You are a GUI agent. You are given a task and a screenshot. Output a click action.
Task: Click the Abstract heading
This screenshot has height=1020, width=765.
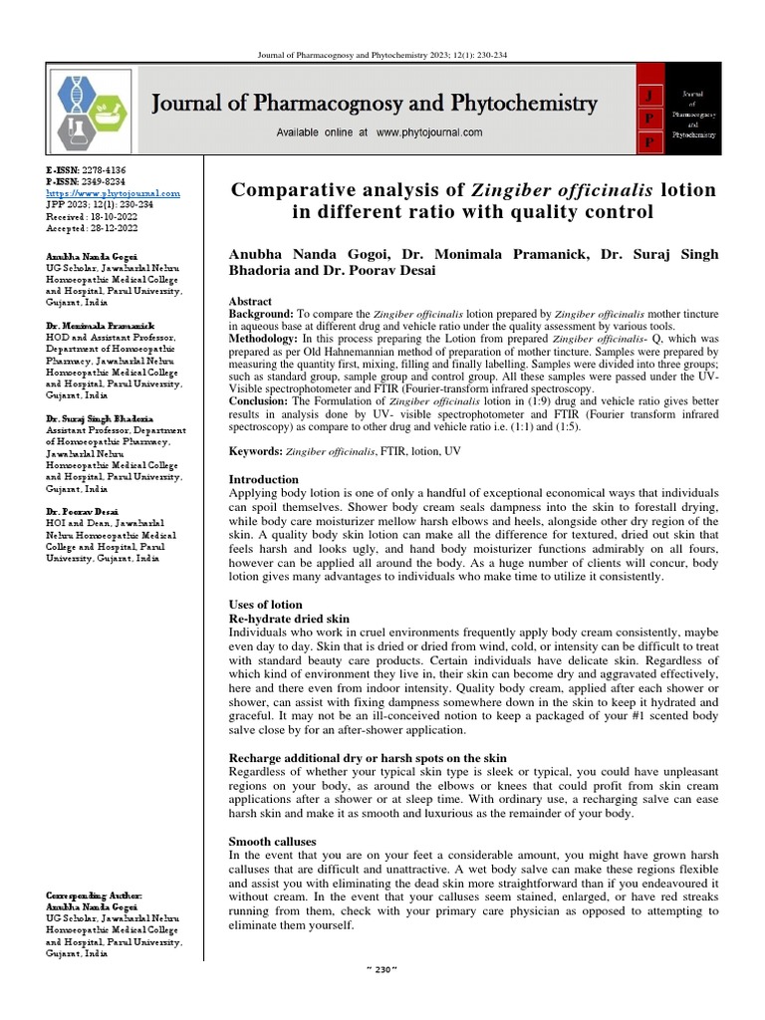click(x=251, y=301)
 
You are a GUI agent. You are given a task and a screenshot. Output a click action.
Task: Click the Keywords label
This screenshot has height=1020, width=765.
click(x=255, y=451)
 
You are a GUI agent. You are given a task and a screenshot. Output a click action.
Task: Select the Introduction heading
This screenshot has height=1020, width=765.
click(x=264, y=480)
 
